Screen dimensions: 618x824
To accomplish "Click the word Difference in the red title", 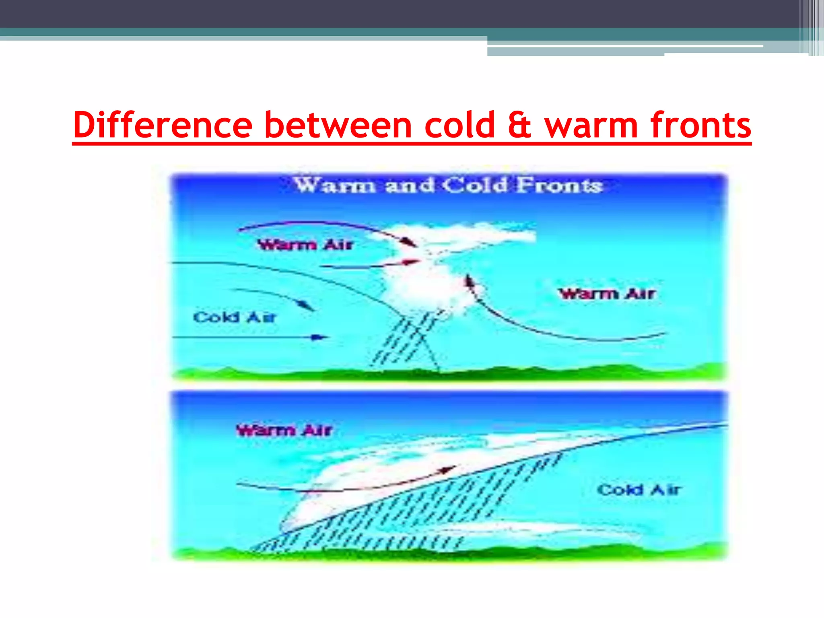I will click(163, 125).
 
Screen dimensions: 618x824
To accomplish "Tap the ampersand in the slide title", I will click(519, 125).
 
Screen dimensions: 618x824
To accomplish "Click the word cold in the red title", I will click(459, 125).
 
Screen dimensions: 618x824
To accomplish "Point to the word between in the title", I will click(338, 125).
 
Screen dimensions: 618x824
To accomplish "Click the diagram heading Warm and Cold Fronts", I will click(448, 185).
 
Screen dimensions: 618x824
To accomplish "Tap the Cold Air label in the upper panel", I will click(235, 317).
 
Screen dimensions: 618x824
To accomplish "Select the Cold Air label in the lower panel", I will click(639, 490).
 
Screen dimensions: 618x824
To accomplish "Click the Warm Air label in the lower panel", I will click(284, 431).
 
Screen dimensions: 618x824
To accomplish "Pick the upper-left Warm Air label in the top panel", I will click(305, 245).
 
